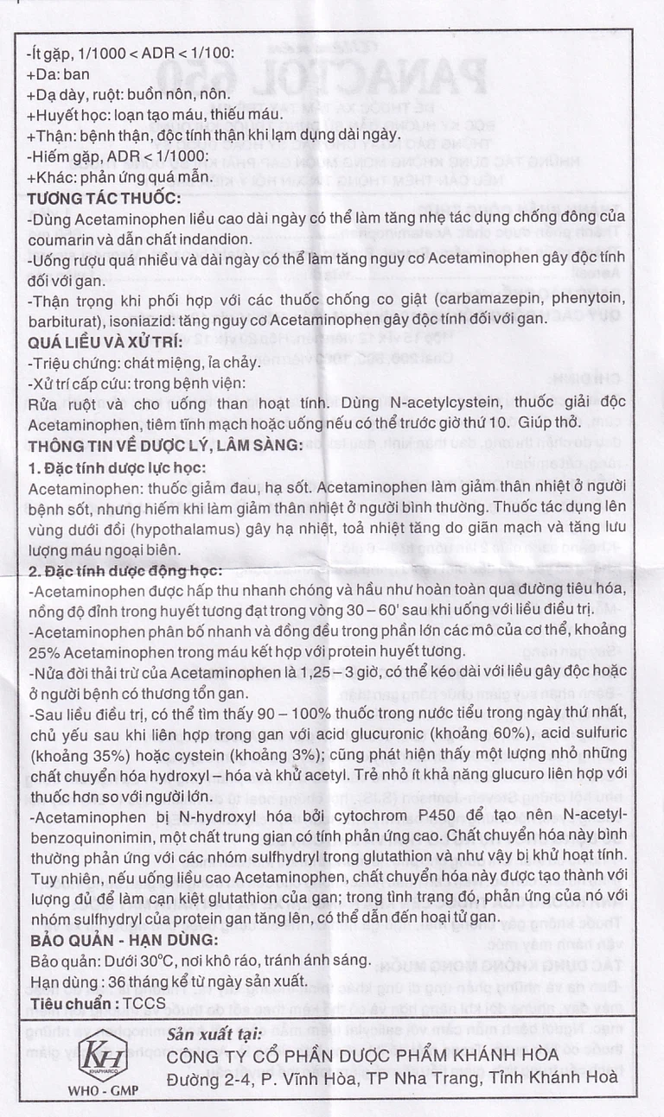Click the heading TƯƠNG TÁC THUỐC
pyautogui.click(x=105, y=200)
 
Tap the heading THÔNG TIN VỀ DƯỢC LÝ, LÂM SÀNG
pyautogui.click(x=165, y=446)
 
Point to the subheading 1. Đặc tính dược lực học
pyautogui.click(x=116, y=467)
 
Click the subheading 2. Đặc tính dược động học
pyautogui.click(x=124, y=571)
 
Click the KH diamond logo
pyautogui.click(x=102, y=1055)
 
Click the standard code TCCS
pyautogui.click(x=144, y=1004)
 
